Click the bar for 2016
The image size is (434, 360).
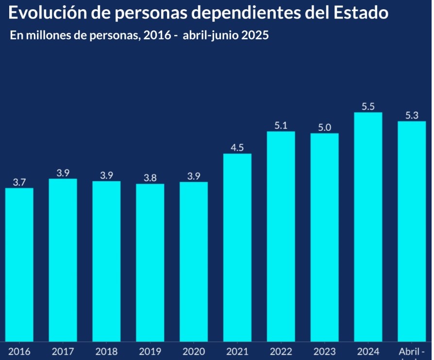[19, 265]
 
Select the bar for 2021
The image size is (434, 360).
[237, 248]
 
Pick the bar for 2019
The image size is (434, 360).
[150, 263]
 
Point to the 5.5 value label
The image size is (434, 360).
[368, 106]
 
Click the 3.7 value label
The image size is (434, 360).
[19, 182]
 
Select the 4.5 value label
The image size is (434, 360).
[237, 148]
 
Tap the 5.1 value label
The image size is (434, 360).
[281, 125]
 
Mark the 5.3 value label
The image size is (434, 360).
[412, 115]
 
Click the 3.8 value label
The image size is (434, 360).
[150, 178]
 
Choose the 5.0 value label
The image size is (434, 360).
[324, 127]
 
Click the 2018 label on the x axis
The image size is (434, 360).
[106, 351]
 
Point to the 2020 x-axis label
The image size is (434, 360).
[194, 351]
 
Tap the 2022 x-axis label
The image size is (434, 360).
[281, 351]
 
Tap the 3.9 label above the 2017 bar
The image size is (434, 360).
[63, 173]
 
